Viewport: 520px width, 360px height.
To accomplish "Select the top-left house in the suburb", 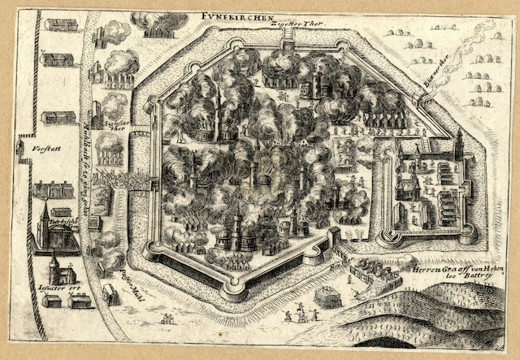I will pos(61,24).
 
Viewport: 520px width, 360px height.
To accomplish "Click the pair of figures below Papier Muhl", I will pos(167,318).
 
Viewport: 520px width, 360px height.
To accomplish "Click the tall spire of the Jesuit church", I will pos(53,262).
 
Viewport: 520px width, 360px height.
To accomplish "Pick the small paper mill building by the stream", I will pos(110,295).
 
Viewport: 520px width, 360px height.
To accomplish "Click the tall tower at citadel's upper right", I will pos(459,146).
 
